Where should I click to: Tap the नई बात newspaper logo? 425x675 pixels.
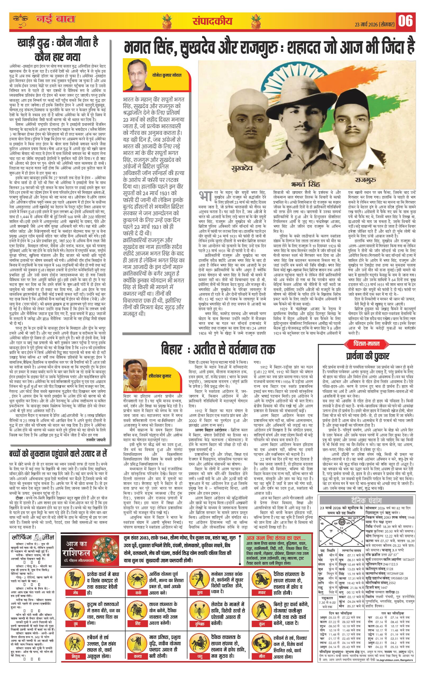point(55,20)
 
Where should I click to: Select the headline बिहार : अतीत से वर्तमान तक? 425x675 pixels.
point(218,349)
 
